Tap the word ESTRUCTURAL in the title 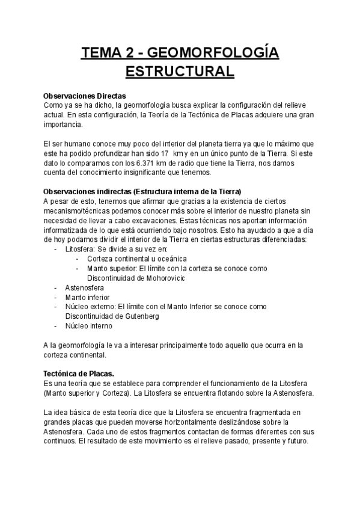[179, 72]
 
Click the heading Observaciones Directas [85, 96]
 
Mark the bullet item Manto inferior [87, 297]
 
